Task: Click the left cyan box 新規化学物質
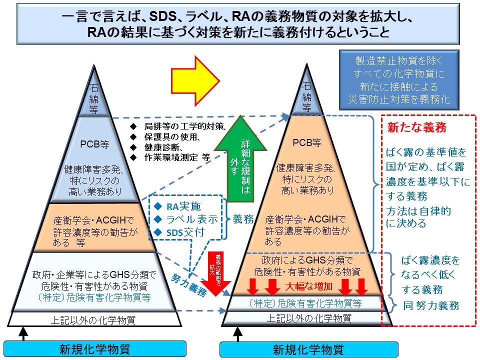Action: pyautogui.click(x=95, y=348)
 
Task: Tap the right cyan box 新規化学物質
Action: pyautogui.click(x=308, y=349)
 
